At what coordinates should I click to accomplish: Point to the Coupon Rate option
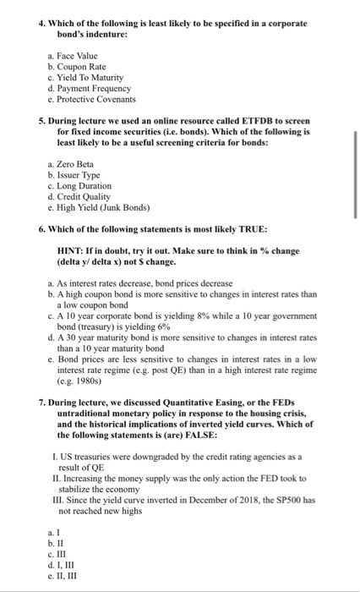[85, 67]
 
